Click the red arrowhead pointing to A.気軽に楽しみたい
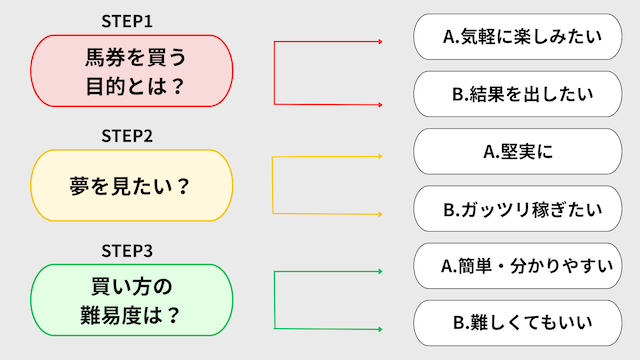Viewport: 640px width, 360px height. [x=380, y=42]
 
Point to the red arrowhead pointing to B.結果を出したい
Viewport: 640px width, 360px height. [x=380, y=103]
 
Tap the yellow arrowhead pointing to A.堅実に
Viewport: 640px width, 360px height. [x=380, y=156]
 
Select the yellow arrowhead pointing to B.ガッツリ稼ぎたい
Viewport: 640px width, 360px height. [x=380, y=214]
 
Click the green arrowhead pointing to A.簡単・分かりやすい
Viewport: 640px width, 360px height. [x=380, y=271]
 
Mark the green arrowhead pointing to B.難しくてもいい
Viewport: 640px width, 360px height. [x=380, y=328]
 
